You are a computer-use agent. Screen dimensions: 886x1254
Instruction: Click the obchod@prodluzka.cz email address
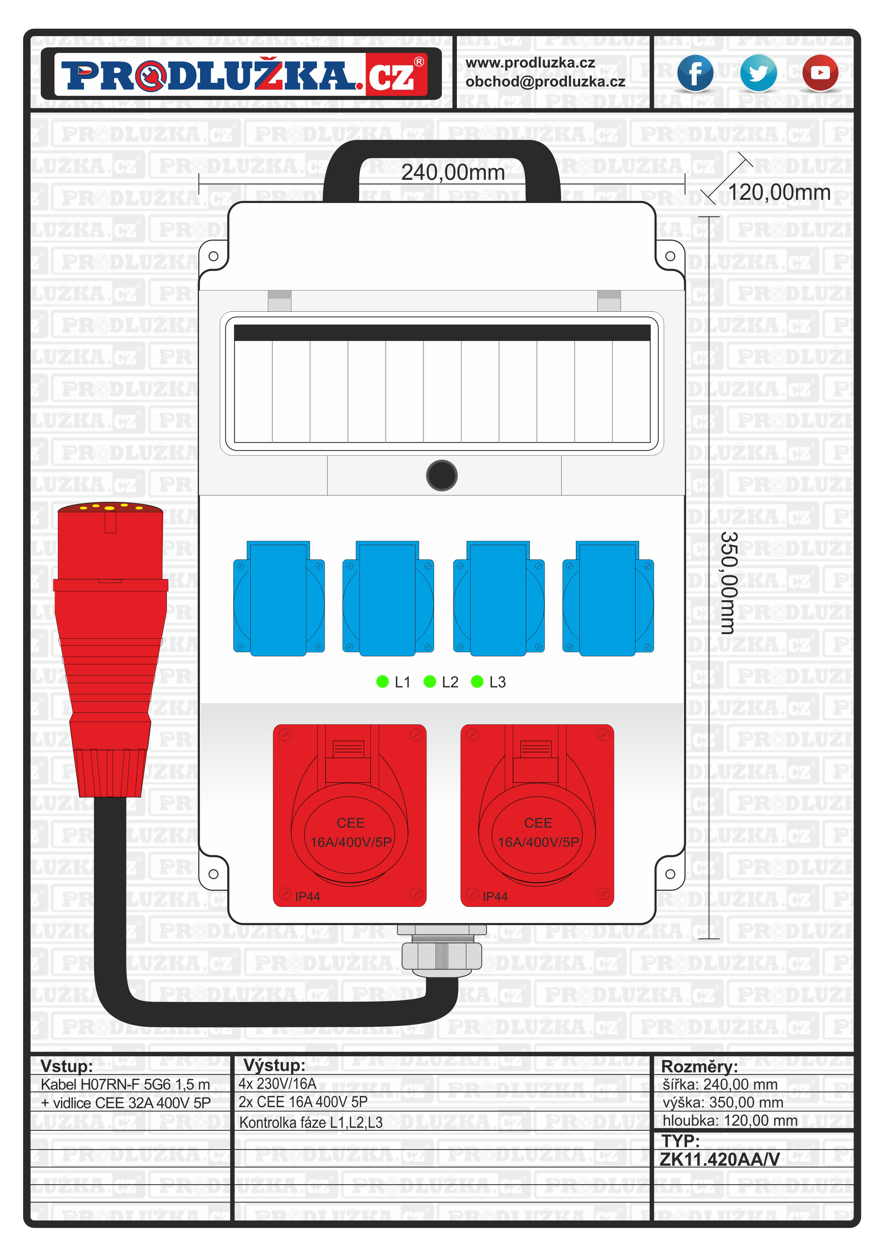(545, 82)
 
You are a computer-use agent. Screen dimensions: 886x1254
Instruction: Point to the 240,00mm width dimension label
(453, 173)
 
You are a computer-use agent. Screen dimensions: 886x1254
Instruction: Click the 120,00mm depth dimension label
(779, 192)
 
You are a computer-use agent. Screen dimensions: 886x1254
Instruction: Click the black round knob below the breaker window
(442, 475)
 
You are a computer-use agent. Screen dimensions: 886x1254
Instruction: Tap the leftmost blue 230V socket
(278, 599)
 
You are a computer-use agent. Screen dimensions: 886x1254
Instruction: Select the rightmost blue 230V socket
(608, 599)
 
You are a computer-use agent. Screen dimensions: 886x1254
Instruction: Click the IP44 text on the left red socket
(307, 896)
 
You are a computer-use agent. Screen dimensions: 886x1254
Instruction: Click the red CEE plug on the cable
(110, 645)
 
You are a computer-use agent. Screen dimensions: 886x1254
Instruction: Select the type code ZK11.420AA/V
(720, 1159)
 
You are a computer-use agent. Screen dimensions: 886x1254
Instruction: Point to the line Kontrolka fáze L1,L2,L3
(310, 1122)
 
